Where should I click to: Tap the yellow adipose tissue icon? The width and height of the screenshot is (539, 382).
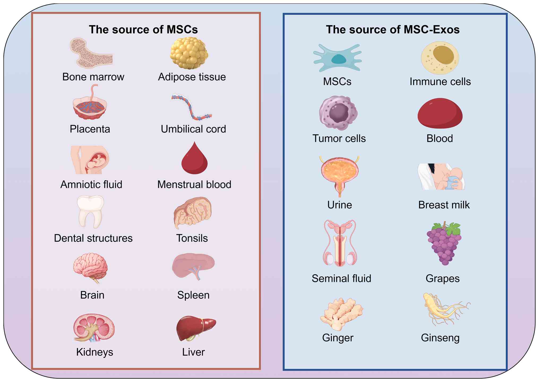click(x=189, y=53)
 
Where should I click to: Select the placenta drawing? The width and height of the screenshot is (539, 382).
click(x=90, y=106)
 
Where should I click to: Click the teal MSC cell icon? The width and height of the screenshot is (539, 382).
click(x=338, y=58)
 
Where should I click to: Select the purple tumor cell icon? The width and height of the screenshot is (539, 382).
click(x=338, y=113)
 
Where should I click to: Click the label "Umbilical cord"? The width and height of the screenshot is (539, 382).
click(x=193, y=129)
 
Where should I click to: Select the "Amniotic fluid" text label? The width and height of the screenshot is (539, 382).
click(x=91, y=185)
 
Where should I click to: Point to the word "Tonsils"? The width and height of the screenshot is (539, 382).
click(x=192, y=238)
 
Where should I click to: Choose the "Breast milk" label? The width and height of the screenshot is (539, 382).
click(x=444, y=205)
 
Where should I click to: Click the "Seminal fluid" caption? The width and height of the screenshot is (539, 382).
click(x=341, y=279)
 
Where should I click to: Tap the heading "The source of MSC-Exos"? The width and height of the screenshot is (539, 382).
click(x=393, y=29)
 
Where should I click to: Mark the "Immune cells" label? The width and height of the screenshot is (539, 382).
click(x=440, y=82)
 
